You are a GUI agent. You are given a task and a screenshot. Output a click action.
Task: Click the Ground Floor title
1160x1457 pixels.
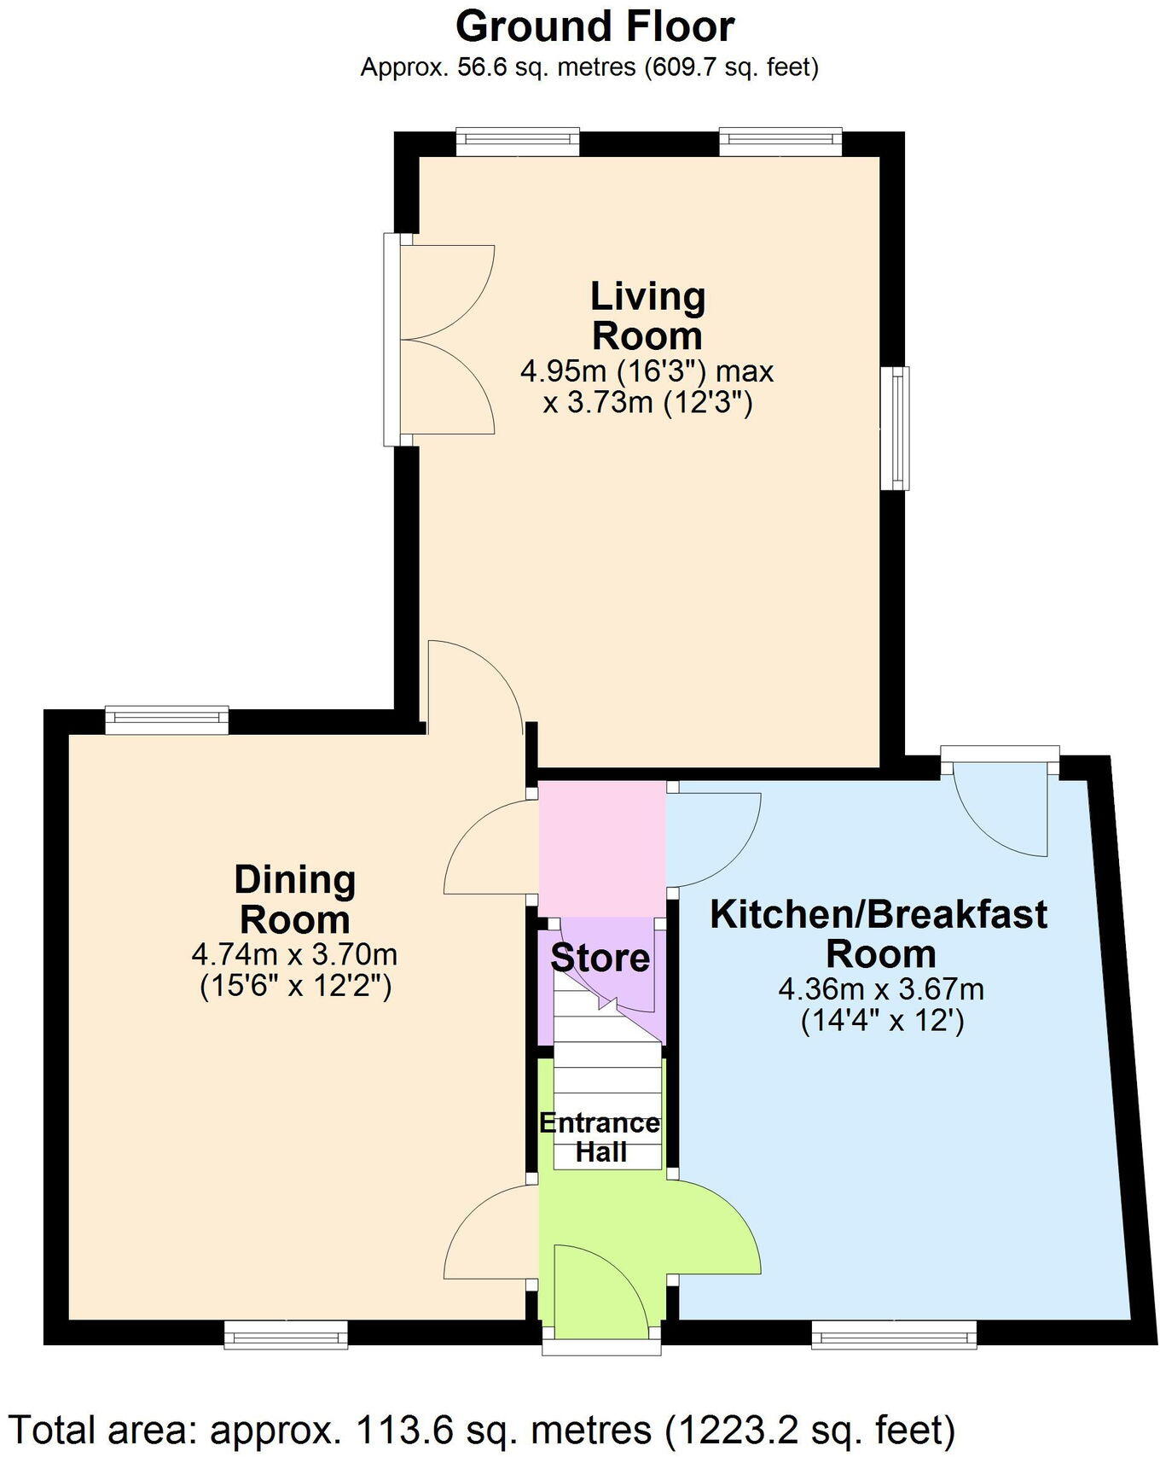coord(594,26)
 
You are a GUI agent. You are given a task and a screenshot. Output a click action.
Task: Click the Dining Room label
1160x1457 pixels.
coord(294,900)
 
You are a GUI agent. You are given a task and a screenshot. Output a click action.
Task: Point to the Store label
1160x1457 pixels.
coord(600,958)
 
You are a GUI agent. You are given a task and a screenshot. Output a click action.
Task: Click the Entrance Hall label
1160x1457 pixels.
coord(600,1137)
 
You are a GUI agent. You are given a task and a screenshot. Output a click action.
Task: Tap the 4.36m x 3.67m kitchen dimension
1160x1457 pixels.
coord(881,990)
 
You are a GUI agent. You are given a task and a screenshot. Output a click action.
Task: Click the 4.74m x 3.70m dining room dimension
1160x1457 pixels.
coord(294,953)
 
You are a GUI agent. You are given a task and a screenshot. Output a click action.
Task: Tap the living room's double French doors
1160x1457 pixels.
coord(439,340)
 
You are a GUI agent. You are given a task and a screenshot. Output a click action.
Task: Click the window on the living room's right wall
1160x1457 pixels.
coord(896,428)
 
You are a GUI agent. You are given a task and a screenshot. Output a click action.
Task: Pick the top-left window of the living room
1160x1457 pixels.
coord(518,142)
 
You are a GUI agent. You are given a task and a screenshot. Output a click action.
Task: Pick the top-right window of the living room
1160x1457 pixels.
coord(780,142)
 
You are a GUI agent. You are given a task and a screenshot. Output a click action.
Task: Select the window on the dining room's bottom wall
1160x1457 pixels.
coord(286,1334)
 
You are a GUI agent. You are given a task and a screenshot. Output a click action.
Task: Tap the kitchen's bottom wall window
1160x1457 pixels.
coord(893,1334)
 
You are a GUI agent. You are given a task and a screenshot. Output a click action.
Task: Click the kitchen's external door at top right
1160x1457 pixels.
coord(1000,802)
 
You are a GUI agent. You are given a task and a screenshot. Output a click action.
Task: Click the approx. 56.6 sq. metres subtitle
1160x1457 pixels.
coord(589,67)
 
